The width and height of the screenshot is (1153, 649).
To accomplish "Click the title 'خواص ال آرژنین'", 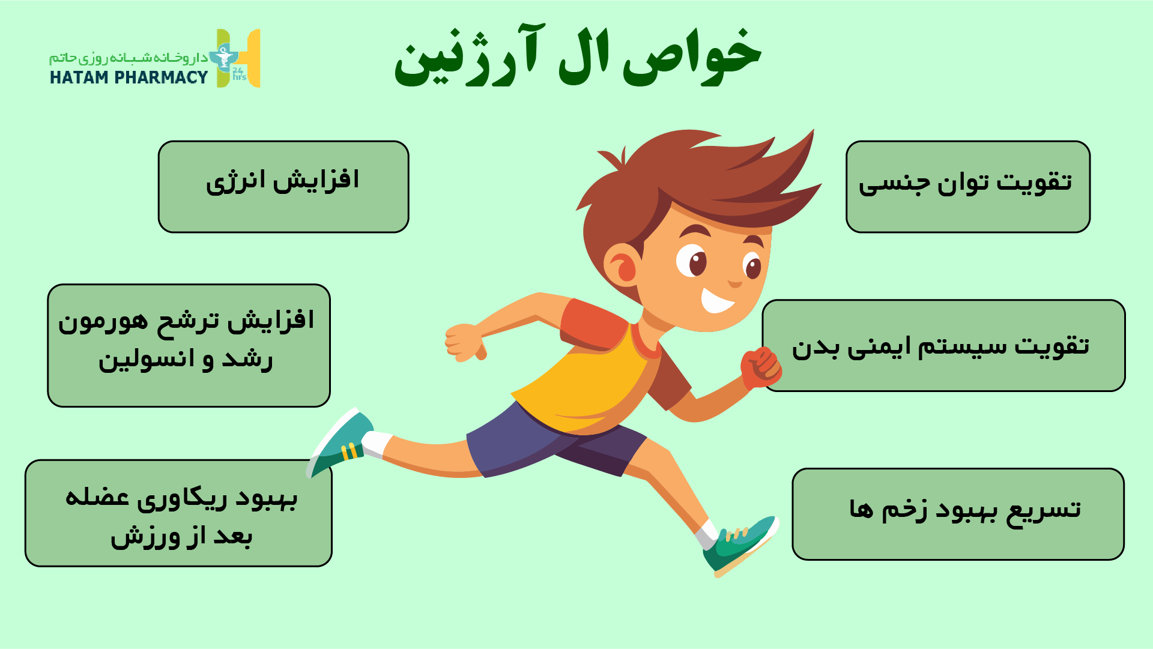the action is coord(578,55).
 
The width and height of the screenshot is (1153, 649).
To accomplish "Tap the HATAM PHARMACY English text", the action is coord(129,77).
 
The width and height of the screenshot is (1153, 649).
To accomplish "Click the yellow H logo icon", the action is coord(238,58).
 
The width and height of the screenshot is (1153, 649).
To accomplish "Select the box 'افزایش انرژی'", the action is coord(283,187).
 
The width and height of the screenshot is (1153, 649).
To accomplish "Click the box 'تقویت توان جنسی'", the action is coord(968,187).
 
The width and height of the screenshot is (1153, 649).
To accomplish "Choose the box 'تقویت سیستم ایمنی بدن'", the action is coord(943,346).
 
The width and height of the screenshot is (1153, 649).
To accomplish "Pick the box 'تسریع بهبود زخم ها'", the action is coord(958,514).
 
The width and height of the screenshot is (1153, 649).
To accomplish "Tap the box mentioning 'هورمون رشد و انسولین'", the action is coord(189,346).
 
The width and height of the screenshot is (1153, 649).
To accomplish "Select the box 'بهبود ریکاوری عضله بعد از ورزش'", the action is coord(178,513).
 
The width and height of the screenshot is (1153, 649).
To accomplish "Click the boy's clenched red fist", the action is coord(760,367).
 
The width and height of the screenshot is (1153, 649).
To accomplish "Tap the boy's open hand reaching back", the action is coord(465,342).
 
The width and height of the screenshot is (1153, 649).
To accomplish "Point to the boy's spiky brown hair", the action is coord(691,180).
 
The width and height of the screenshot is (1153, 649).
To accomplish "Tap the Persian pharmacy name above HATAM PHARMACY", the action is coord(129,58).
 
